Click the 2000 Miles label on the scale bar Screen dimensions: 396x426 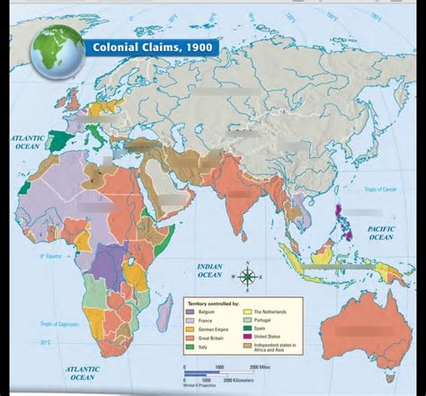[x=260, y=367]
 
